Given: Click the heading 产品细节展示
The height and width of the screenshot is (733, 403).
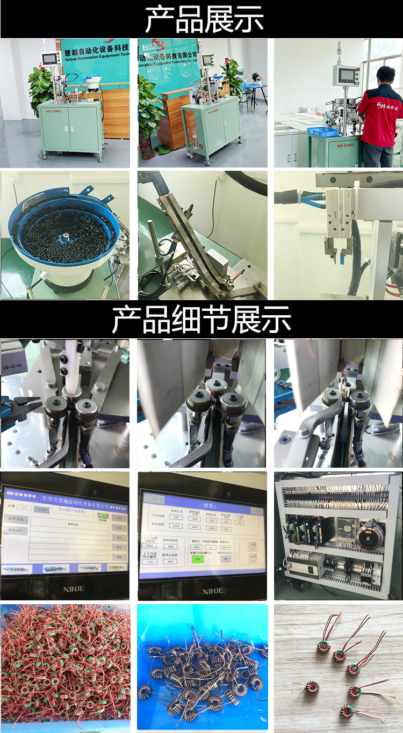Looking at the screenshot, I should coord(201,320).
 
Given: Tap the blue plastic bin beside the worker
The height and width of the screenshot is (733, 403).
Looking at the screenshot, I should coord(323,132).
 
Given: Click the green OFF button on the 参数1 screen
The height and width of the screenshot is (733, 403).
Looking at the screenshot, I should coord(198,558).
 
